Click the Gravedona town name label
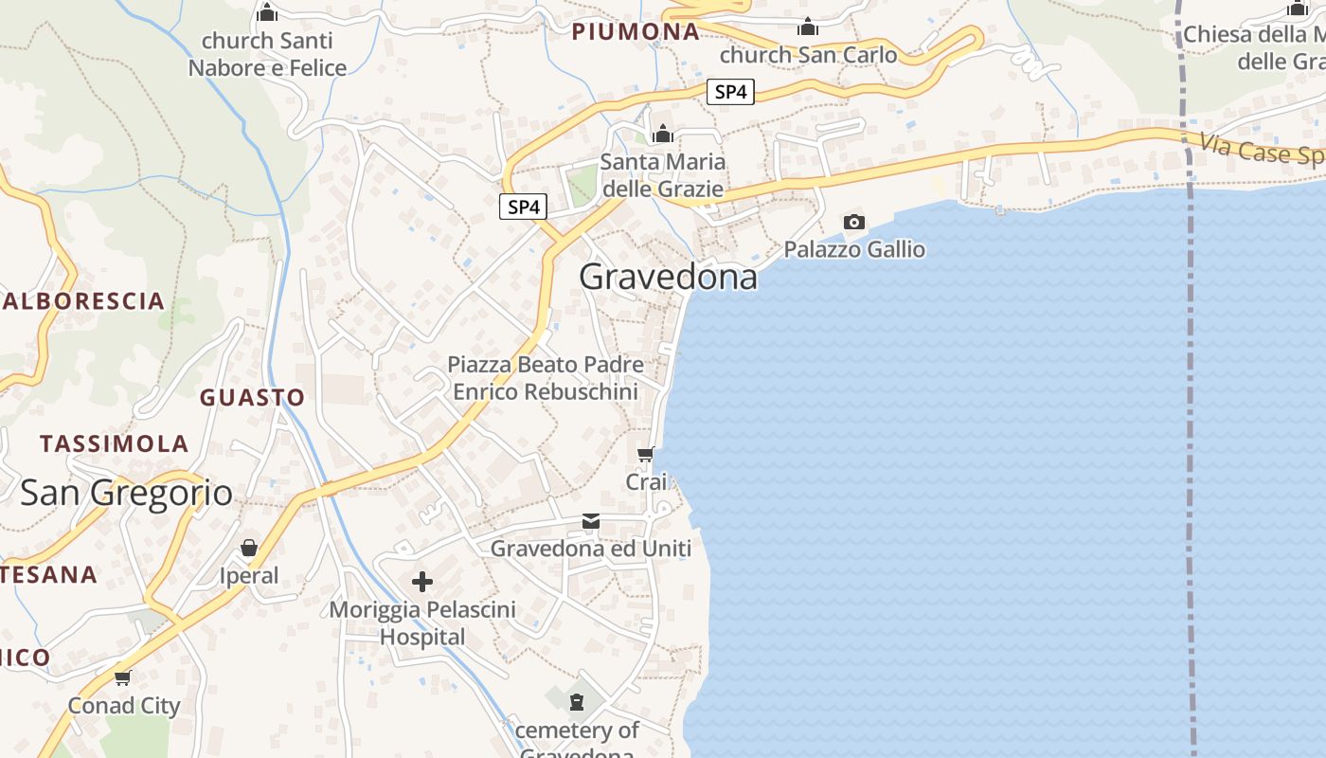coord(668,277)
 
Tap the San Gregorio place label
coord(126,493)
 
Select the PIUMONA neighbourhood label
coord(635,31)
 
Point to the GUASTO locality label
coord(252,397)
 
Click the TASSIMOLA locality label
coord(114,443)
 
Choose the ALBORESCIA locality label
coord(83,301)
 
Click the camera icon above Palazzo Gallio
coord(853,222)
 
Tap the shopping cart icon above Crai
coord(646,454)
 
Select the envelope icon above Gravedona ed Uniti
coord(591,521)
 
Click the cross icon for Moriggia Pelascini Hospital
coord(422,581)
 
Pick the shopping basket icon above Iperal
coord(249,548)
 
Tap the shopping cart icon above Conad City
coord(122,677)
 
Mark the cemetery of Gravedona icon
coord(576,702)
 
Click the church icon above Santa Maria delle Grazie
coord(663,134)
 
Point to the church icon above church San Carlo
coord(808,27)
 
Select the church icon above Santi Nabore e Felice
coord(267,13)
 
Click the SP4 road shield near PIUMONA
coord(730,92)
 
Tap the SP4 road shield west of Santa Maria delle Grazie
coord(523,207)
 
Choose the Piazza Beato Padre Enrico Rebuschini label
coord(545,377)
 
